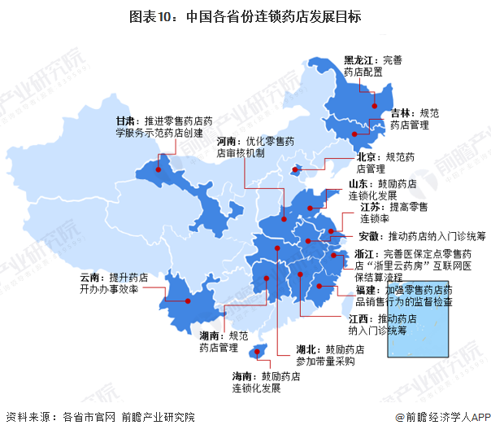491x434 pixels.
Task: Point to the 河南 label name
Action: [x=228, y=139]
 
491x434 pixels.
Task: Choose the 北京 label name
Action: [x=367, y=156]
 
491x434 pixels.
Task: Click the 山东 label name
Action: [x=360, y=184]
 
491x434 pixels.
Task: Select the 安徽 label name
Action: [x=368, y=236]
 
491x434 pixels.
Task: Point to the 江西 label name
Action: [x=360, y=318]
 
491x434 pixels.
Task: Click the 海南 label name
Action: [x=243, y=376]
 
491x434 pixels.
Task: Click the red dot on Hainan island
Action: [x=259, y=351]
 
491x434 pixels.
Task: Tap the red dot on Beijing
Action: [x=296, y=172]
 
